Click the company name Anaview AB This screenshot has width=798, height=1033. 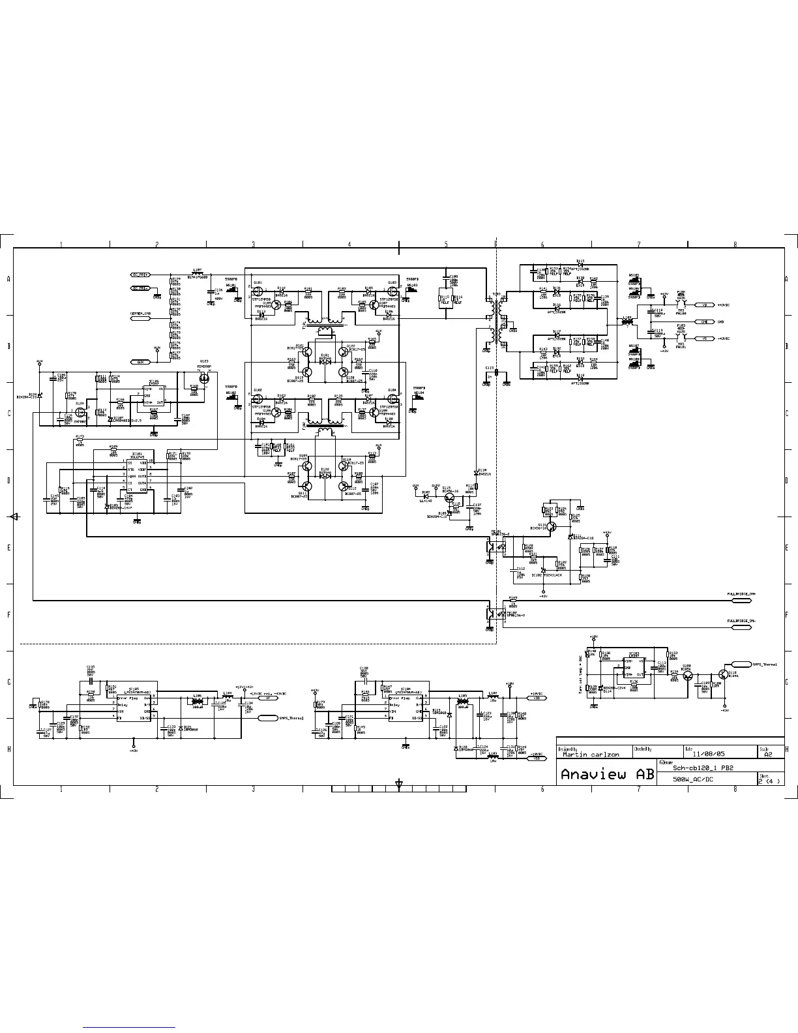[606, 775]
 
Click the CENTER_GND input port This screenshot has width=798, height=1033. [140, 314]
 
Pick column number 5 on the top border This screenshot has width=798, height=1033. [446, 245]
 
